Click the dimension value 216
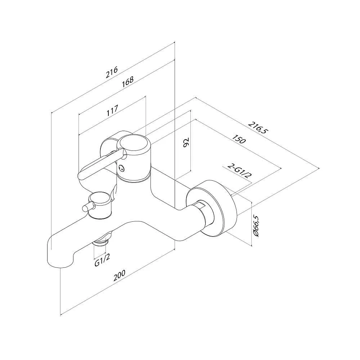(x=112, y=72)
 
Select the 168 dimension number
(x=128, y=81)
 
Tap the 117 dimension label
(x=112, y=111)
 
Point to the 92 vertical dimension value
(x=186, y=142)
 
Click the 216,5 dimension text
(x=258, y=128)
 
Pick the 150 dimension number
(x=239, y=139)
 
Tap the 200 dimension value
(x=120, y=275)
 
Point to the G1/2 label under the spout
(x=102, y=260)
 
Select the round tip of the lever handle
(x=82, y=176)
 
